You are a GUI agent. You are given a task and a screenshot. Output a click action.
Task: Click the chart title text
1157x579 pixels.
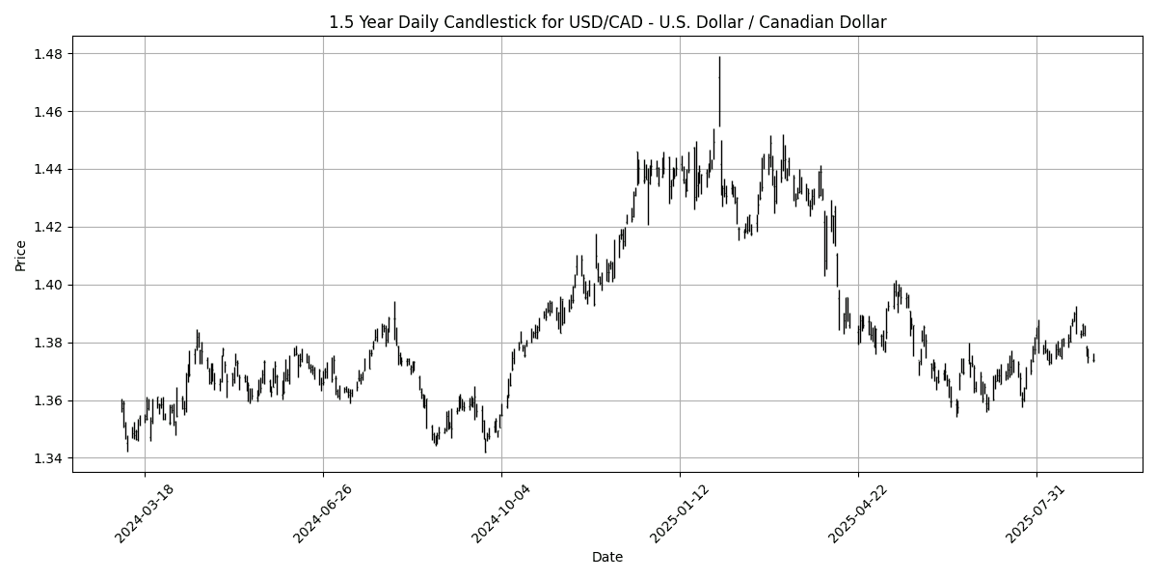tap(607, 21)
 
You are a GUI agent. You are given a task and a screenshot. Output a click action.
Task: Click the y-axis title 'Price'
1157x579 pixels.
tap(21, 255)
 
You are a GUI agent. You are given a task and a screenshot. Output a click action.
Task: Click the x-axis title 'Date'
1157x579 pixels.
tap(607, 557)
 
